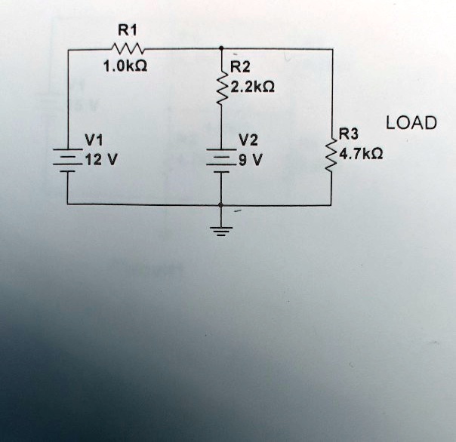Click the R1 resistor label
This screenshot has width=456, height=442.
128,30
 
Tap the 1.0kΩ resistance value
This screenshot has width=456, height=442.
125,66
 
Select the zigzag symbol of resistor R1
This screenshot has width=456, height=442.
128,48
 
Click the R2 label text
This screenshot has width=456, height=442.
240,67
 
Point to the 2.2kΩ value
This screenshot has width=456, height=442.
252,87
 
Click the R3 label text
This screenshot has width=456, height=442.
349,134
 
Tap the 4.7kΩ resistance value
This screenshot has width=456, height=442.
361,154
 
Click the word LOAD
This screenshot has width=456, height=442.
411,123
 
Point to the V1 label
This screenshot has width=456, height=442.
94,140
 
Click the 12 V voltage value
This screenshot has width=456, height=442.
101,159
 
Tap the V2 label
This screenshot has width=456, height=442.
248,140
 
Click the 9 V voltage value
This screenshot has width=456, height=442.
251,160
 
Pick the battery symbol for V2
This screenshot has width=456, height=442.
221,161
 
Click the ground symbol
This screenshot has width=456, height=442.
221,232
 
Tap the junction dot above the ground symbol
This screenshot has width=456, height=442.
221,205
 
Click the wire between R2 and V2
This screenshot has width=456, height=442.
221,127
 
